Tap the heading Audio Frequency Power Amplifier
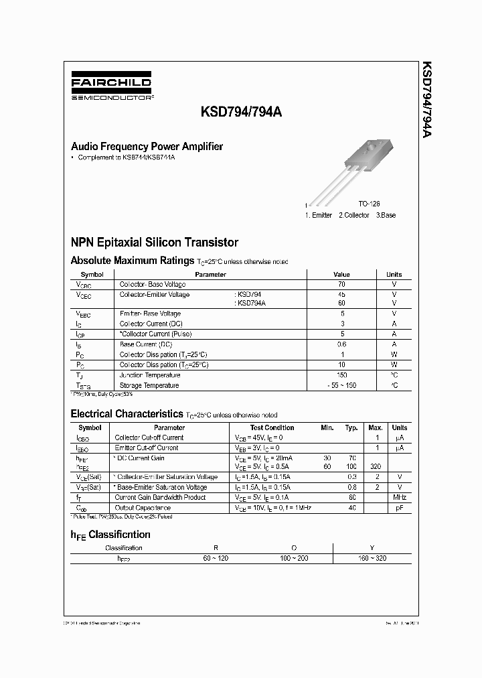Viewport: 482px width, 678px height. (x=147, y=147)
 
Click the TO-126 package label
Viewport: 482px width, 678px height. (x=369, y=203)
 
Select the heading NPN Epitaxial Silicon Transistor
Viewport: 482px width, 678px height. (x=154, y=243)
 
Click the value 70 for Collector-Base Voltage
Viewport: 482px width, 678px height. (x=341, y=284)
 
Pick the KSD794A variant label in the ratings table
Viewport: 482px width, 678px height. (x=250, y=303)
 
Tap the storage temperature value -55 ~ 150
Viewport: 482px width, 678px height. (x=341, y=386)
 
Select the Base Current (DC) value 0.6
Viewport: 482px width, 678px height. (x=341, y=344)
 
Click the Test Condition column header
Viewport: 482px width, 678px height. (x=272, y=427)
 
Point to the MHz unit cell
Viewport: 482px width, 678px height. (x=399, y=498)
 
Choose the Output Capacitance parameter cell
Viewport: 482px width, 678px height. (x=143, y=508)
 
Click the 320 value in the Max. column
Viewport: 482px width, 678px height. (x=376, y=467)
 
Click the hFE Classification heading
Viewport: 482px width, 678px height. (x=110, y=535)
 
